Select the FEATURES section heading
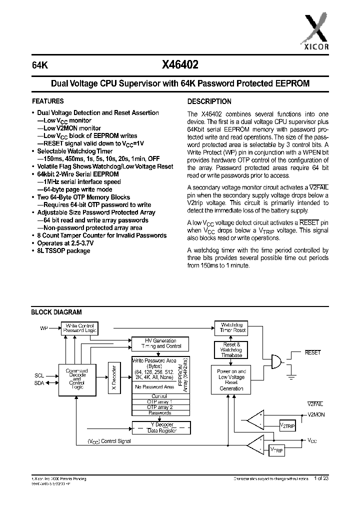[x=48, y=100]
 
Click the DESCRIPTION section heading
[x=209, y=101]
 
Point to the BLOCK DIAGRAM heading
[x=56, y=312]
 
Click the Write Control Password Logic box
[x=79, y=328]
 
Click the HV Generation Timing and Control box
[x=160, y=343]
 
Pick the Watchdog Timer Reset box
[x=233, y=327]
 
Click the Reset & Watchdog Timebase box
[x=231, y=349]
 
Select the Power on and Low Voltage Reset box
[x=231, y=380]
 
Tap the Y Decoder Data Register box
[x=160, y=427]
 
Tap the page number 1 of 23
[x=322, y=478]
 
